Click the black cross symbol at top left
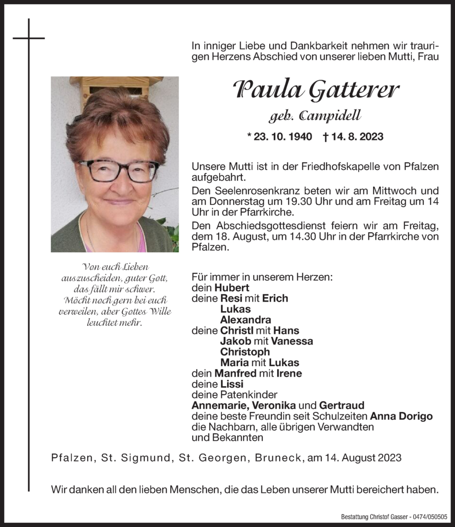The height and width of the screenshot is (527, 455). click(29, 38)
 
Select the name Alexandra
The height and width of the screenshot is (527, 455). click(246, 320)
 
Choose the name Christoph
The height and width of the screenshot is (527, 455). click(245, 352)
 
